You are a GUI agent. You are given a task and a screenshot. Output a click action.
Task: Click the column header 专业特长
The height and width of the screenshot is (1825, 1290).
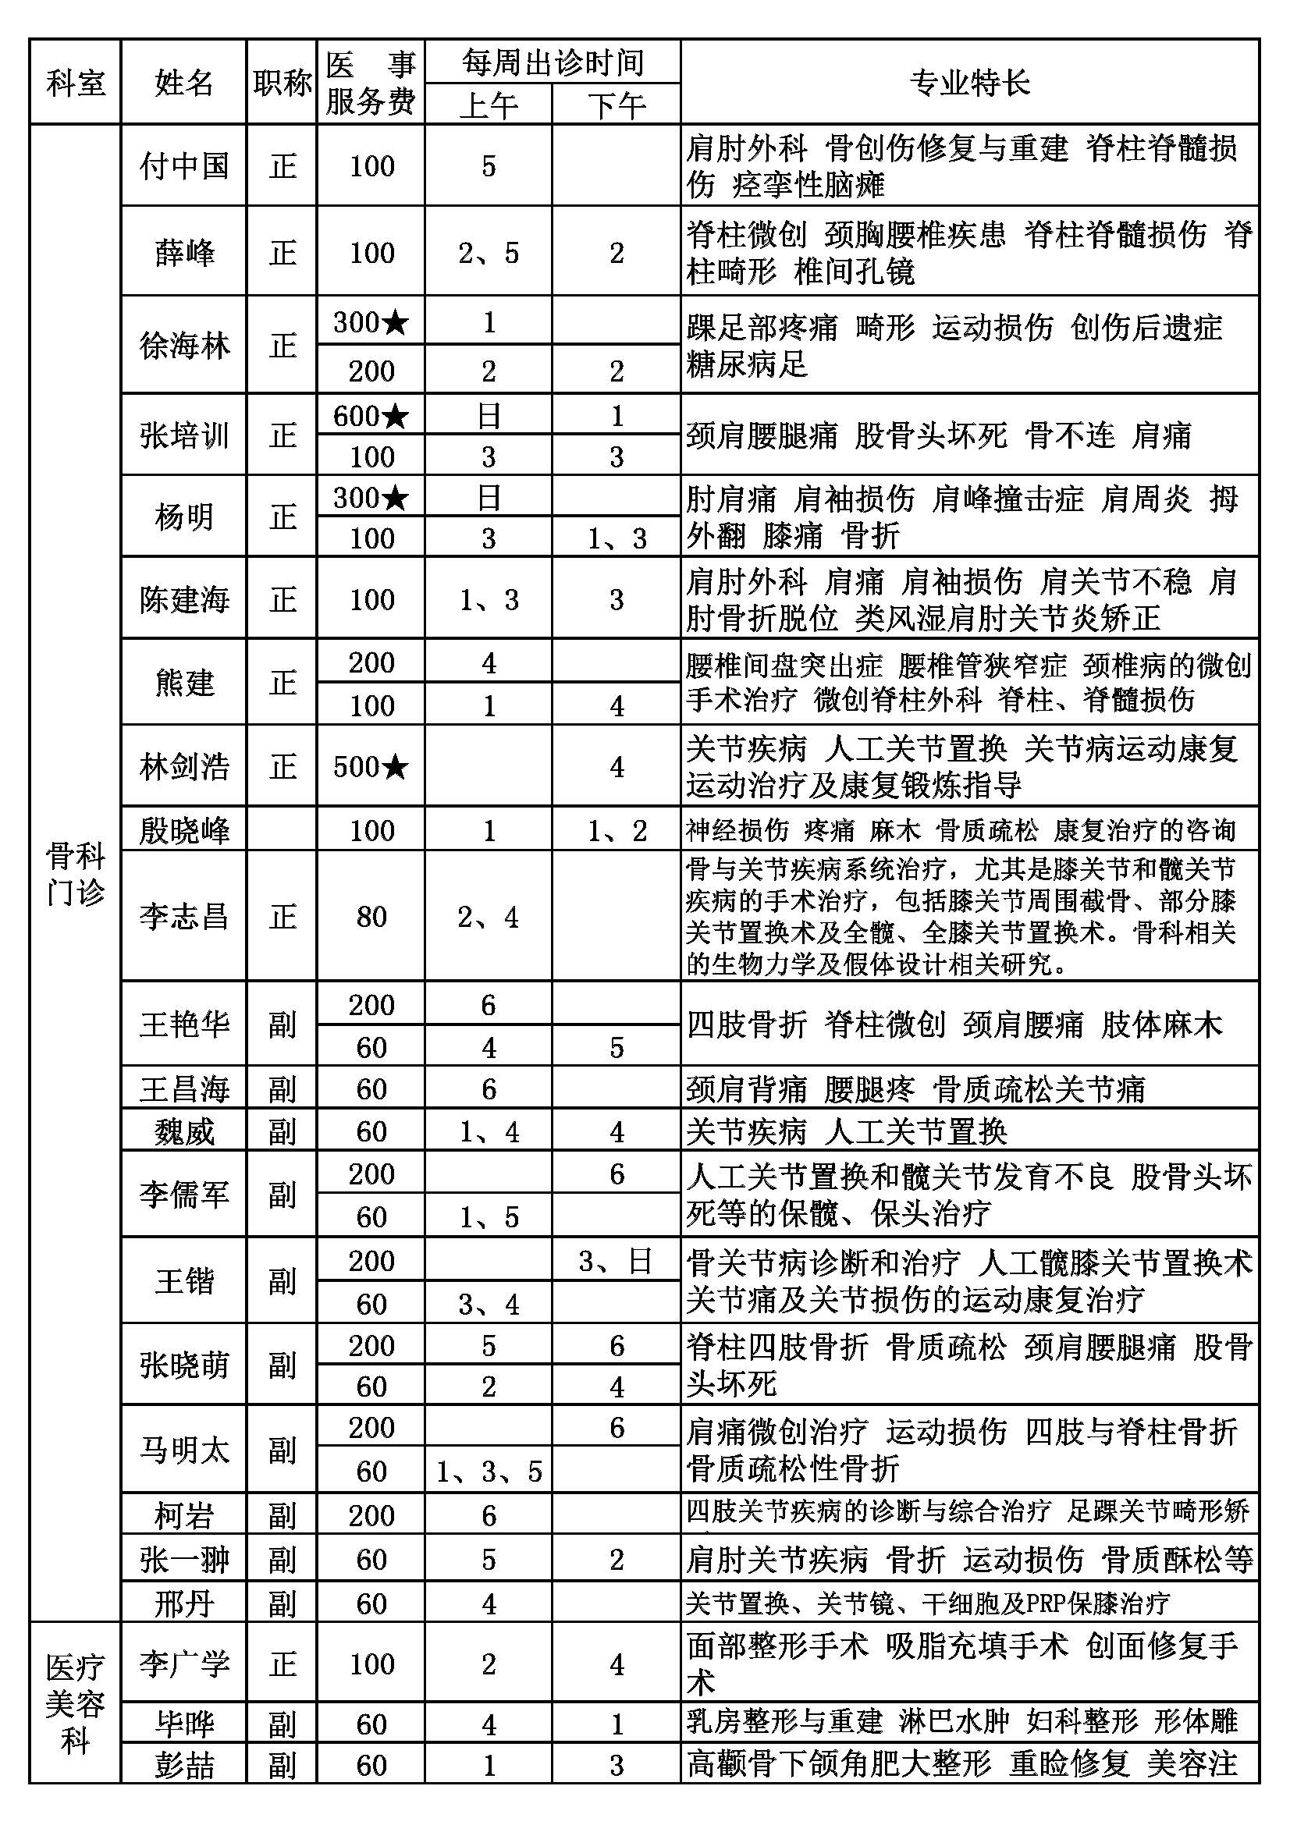coord(969,83)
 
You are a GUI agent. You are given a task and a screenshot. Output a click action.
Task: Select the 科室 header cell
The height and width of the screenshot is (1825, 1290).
coord(76,83)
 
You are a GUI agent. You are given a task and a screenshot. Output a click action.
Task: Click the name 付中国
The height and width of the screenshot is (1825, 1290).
coord(183,166)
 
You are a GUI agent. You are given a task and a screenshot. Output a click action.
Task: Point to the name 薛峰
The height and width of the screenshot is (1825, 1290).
coord(183,253)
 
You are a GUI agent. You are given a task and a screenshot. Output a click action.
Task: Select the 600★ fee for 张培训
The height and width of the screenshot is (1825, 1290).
coord(371,416)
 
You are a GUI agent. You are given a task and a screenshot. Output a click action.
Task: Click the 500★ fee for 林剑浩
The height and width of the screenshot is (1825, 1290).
coord(371,766)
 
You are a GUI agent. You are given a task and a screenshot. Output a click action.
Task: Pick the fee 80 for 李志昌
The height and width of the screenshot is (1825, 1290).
coord(371,917)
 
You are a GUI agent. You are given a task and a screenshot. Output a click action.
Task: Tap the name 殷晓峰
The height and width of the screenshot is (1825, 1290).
coord(183,831)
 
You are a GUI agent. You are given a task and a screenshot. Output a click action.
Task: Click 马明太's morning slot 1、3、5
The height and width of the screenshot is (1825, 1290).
coord(489,1472)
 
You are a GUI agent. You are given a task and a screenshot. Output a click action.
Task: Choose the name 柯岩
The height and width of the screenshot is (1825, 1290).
coord(183,1516)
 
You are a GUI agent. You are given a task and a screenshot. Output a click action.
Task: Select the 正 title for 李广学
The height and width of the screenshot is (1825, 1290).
coord(283,1664)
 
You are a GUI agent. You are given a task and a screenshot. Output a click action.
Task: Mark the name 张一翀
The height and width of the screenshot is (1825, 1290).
coord(183,1560)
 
